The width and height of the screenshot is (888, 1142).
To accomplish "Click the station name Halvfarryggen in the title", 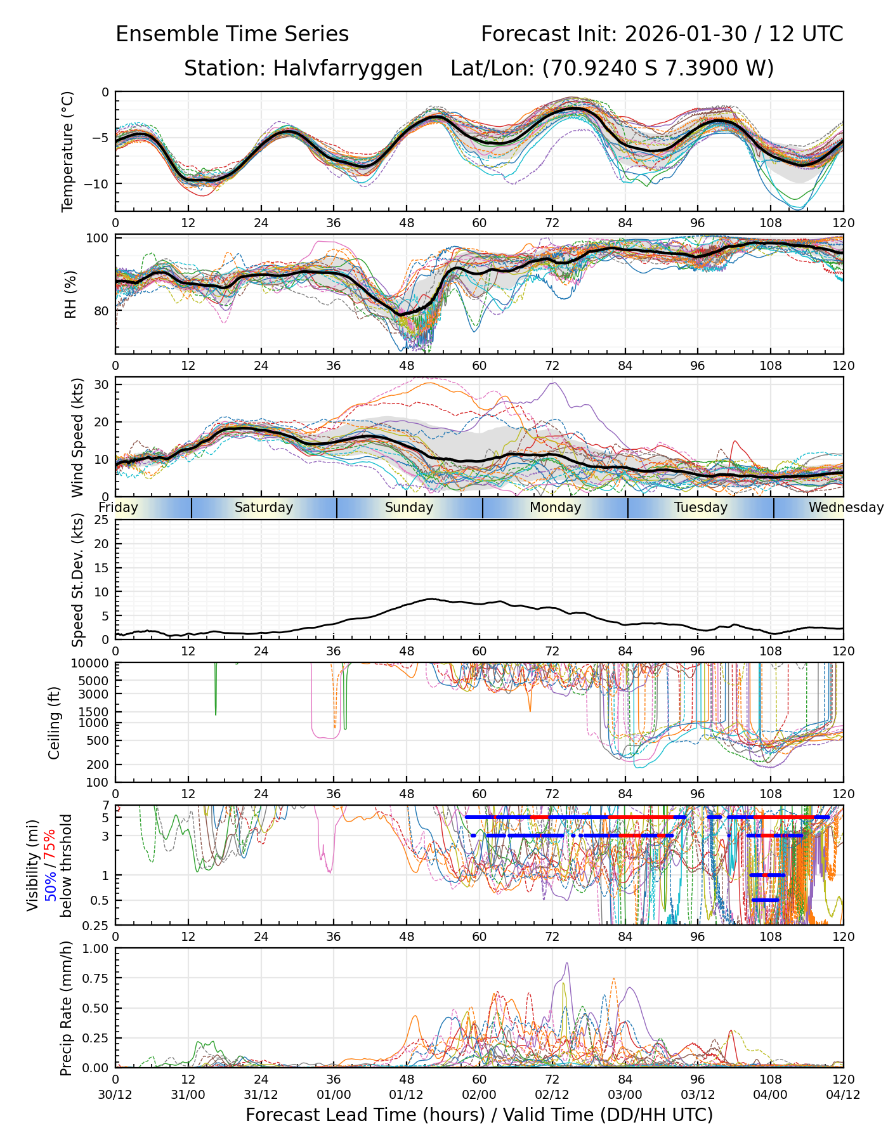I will pos(348,69).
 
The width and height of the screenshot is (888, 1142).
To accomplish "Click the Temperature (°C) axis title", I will pos(68,151).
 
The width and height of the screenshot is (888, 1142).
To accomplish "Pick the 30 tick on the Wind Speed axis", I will pos(102,384).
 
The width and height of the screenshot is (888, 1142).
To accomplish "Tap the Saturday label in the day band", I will pos(264,508).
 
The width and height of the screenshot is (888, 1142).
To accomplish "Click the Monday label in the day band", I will pos(555,508).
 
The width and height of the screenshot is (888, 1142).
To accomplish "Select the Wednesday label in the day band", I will pos(846,508).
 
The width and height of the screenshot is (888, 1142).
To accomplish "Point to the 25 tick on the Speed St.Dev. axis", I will pos(102,520).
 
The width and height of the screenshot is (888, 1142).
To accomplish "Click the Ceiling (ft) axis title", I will pos(55,723).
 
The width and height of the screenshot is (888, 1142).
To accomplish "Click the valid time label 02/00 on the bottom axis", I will pos(479,1094).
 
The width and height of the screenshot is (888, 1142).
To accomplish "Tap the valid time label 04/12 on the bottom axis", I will pos(843,1094).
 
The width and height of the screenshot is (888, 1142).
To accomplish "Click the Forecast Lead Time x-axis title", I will pos(479,1115).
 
